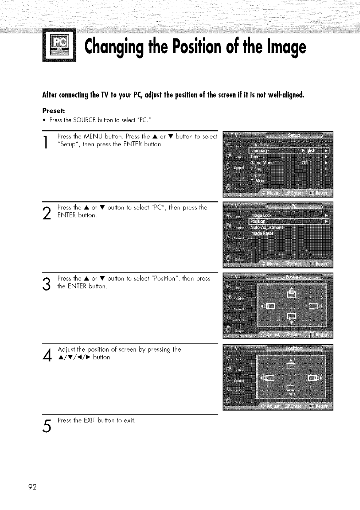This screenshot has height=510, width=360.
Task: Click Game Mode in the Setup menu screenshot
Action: [262, 163]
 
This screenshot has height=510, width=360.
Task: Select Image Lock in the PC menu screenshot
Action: [262, 216]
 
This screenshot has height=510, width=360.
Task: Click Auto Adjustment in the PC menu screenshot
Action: [267, 227]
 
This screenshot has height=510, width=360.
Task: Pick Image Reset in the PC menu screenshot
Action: [262, 233]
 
